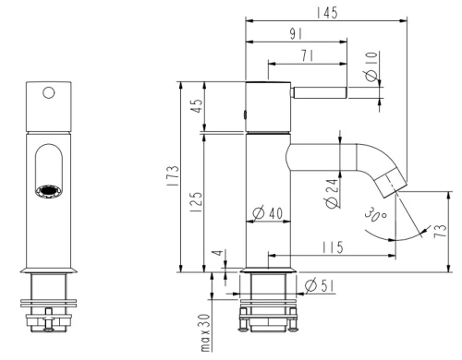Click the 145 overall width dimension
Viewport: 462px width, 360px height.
tap(327, 13)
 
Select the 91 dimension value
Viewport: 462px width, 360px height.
tap(296, 34)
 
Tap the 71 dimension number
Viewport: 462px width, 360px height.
tap(308, 55)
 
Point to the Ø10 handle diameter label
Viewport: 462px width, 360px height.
tap(371, 66)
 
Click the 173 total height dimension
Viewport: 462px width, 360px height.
tap(173, 175)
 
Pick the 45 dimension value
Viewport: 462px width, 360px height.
tap(198, 105)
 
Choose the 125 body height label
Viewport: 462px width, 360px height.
tap(196, 202)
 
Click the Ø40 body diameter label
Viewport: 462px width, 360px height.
tap(267, 213)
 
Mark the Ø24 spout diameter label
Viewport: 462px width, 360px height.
tap(332, 194)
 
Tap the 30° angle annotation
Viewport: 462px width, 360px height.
tap(375, 214)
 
